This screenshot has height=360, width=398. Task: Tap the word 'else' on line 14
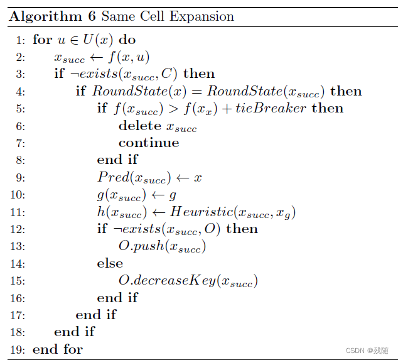[110, 263]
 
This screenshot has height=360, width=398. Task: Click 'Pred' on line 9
[110, 177]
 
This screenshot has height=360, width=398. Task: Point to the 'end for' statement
[58, 349]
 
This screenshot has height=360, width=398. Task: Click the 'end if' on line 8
[117, 160]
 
